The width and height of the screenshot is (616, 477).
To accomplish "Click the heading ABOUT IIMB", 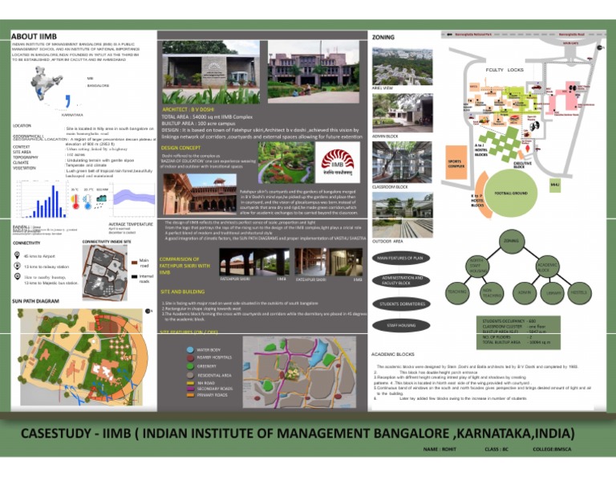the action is coord(33,37).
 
